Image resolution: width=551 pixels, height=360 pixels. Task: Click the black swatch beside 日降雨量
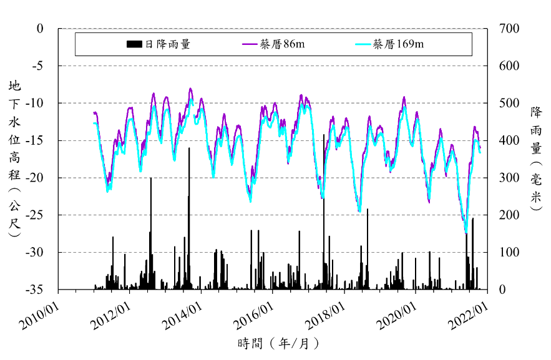pos(135,44)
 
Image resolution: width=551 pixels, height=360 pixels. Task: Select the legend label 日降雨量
pos(167,44)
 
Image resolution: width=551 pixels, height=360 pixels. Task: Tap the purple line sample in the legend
pos(250,44)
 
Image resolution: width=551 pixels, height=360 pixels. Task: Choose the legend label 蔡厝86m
pos(282,44)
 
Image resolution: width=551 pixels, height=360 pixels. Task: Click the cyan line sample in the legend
pos(363,44)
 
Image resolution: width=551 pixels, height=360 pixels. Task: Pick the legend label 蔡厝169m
pos(398,44)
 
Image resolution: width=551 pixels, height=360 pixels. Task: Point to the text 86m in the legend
pos(294,44)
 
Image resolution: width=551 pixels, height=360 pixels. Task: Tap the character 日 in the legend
pos(149,44)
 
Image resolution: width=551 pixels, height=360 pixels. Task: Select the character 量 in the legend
pos(185,44)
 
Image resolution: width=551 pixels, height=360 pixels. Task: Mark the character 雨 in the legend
pos(173,44)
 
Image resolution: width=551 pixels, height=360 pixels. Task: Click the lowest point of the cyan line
pos(466,231)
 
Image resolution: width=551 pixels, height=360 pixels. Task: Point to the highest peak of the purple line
pos(190,89)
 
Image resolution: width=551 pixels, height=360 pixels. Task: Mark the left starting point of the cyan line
pos(94,124)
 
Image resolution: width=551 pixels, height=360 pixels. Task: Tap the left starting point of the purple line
pos(94,113)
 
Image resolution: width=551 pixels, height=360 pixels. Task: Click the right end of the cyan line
pos(480,152)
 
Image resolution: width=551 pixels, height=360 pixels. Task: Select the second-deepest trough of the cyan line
pos(360,212)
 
